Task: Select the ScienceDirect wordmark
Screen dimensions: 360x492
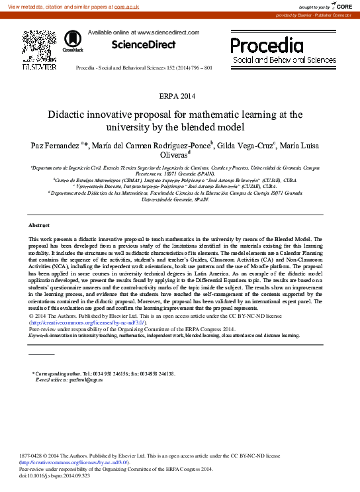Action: [143, 45]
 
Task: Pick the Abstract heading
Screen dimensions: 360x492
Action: [39, 226]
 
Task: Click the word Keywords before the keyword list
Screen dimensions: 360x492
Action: [40, 336]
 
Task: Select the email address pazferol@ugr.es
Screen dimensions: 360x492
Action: [66, 379]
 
